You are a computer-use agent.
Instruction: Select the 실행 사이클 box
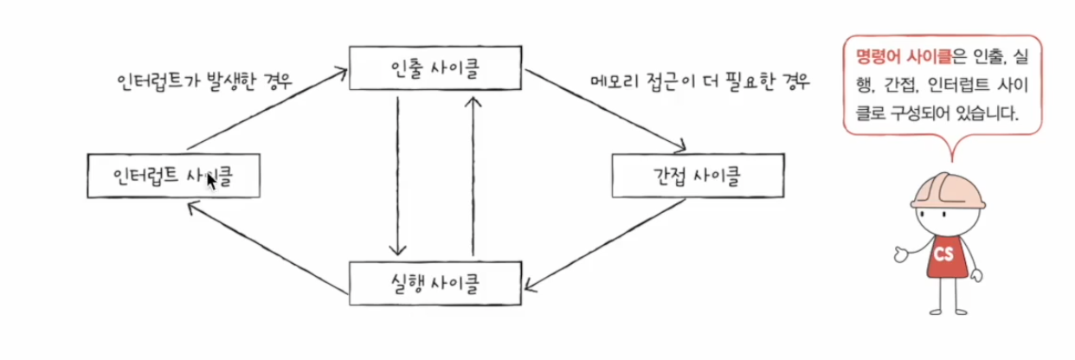click(435, 282)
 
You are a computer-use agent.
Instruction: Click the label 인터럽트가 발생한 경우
click(204, 82)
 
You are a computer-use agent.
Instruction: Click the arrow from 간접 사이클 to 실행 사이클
click(606, 241)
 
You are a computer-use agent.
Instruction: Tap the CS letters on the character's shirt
click(943, 255)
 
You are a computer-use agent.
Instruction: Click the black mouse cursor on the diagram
click(209, 180)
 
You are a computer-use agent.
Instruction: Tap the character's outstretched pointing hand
click(900, 254)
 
